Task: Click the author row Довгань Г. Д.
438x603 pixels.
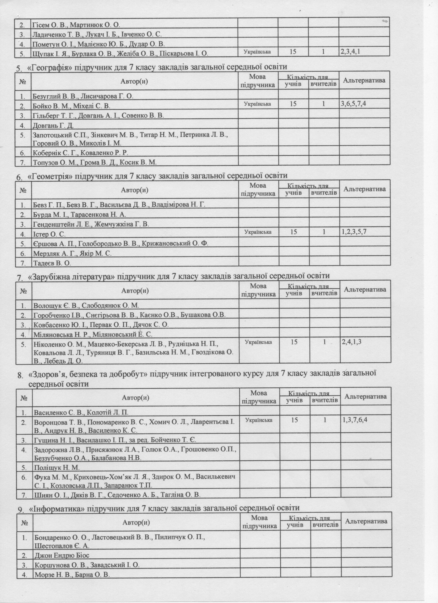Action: [x=53, y=125]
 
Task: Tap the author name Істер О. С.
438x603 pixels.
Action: [x=50, y=234]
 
